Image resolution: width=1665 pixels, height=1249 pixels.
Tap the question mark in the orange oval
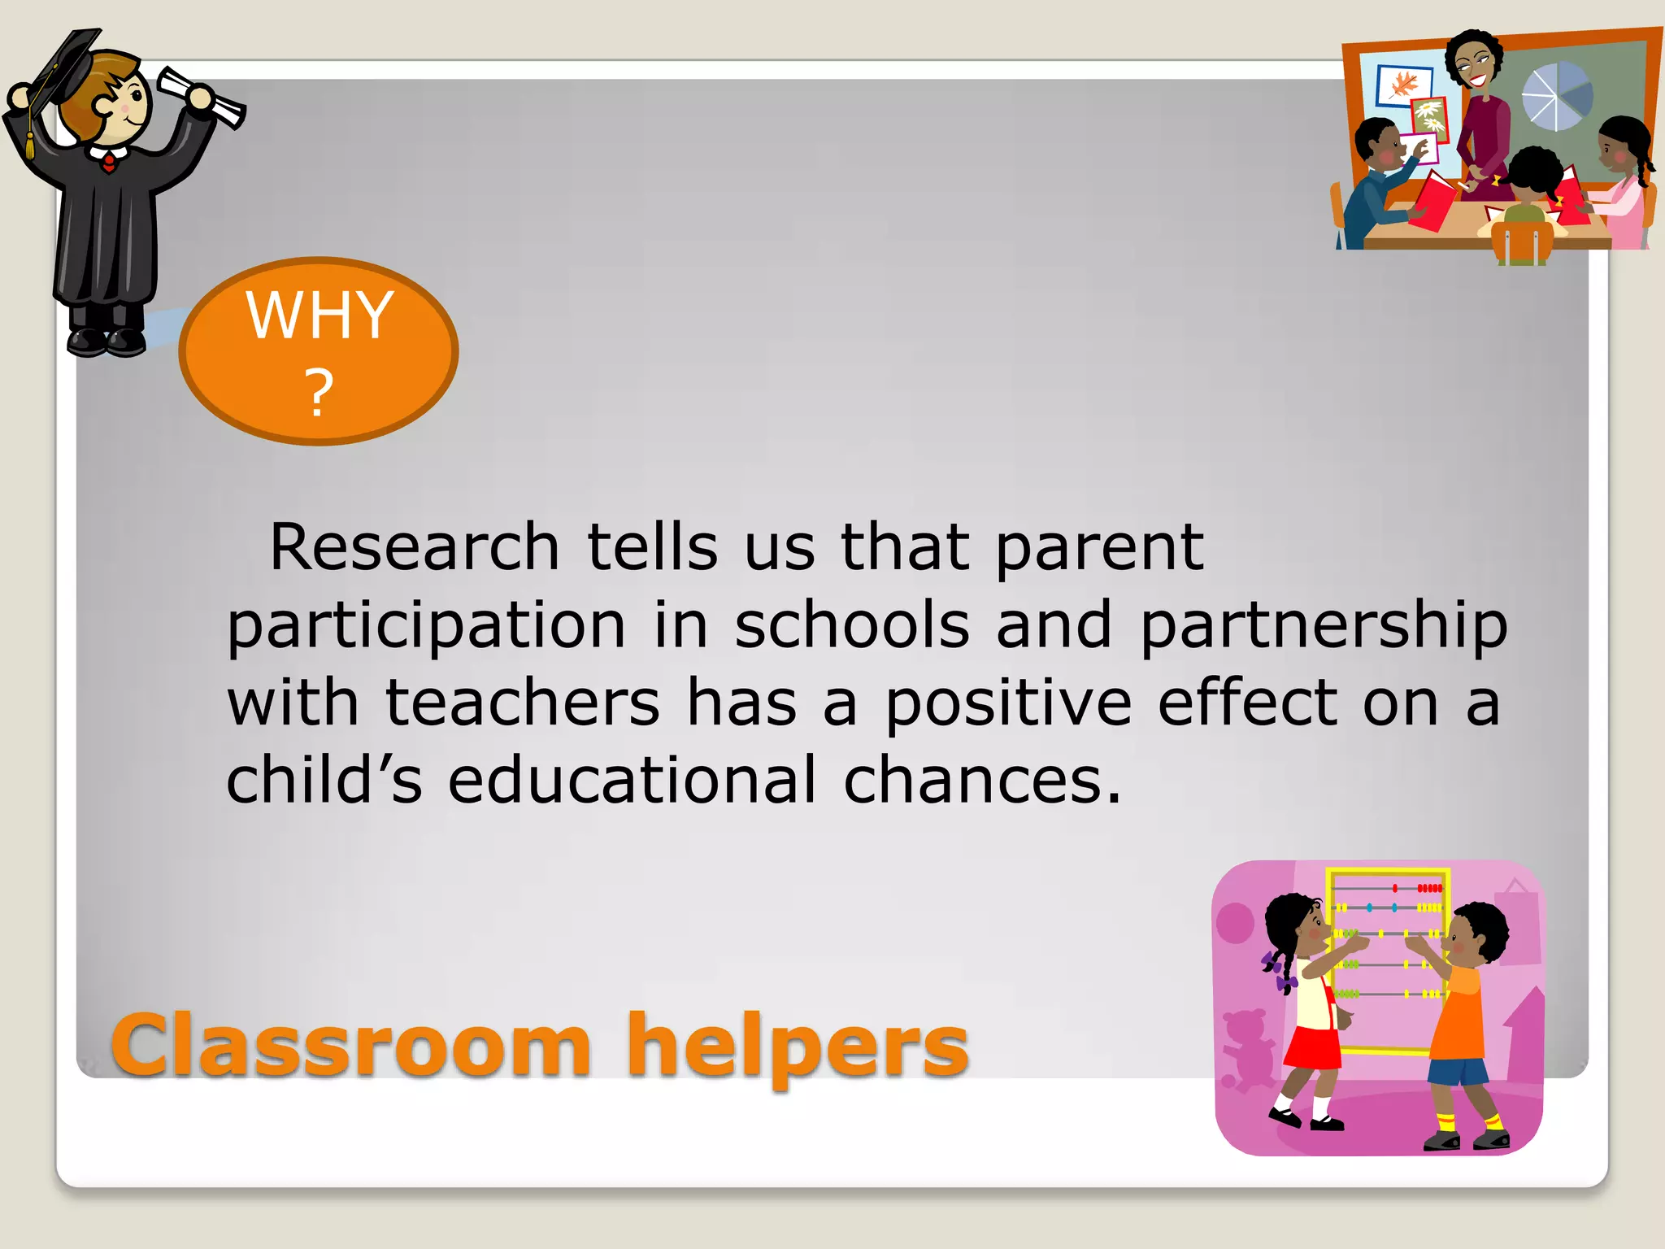(319, 392)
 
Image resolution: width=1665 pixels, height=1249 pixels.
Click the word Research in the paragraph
(415, 546)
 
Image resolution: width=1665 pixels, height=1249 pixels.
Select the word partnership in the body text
(1324, 626)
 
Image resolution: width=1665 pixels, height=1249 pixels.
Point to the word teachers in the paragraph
(522, 703)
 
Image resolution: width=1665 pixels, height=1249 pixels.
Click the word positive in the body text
(1008, 704)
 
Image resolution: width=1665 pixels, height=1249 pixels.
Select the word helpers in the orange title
(798, 1047)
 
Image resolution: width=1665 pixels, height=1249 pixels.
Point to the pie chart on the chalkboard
(1556, 96)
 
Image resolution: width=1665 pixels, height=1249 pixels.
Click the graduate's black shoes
(107, 341)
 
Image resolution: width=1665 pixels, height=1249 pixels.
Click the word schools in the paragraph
(852, 626)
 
